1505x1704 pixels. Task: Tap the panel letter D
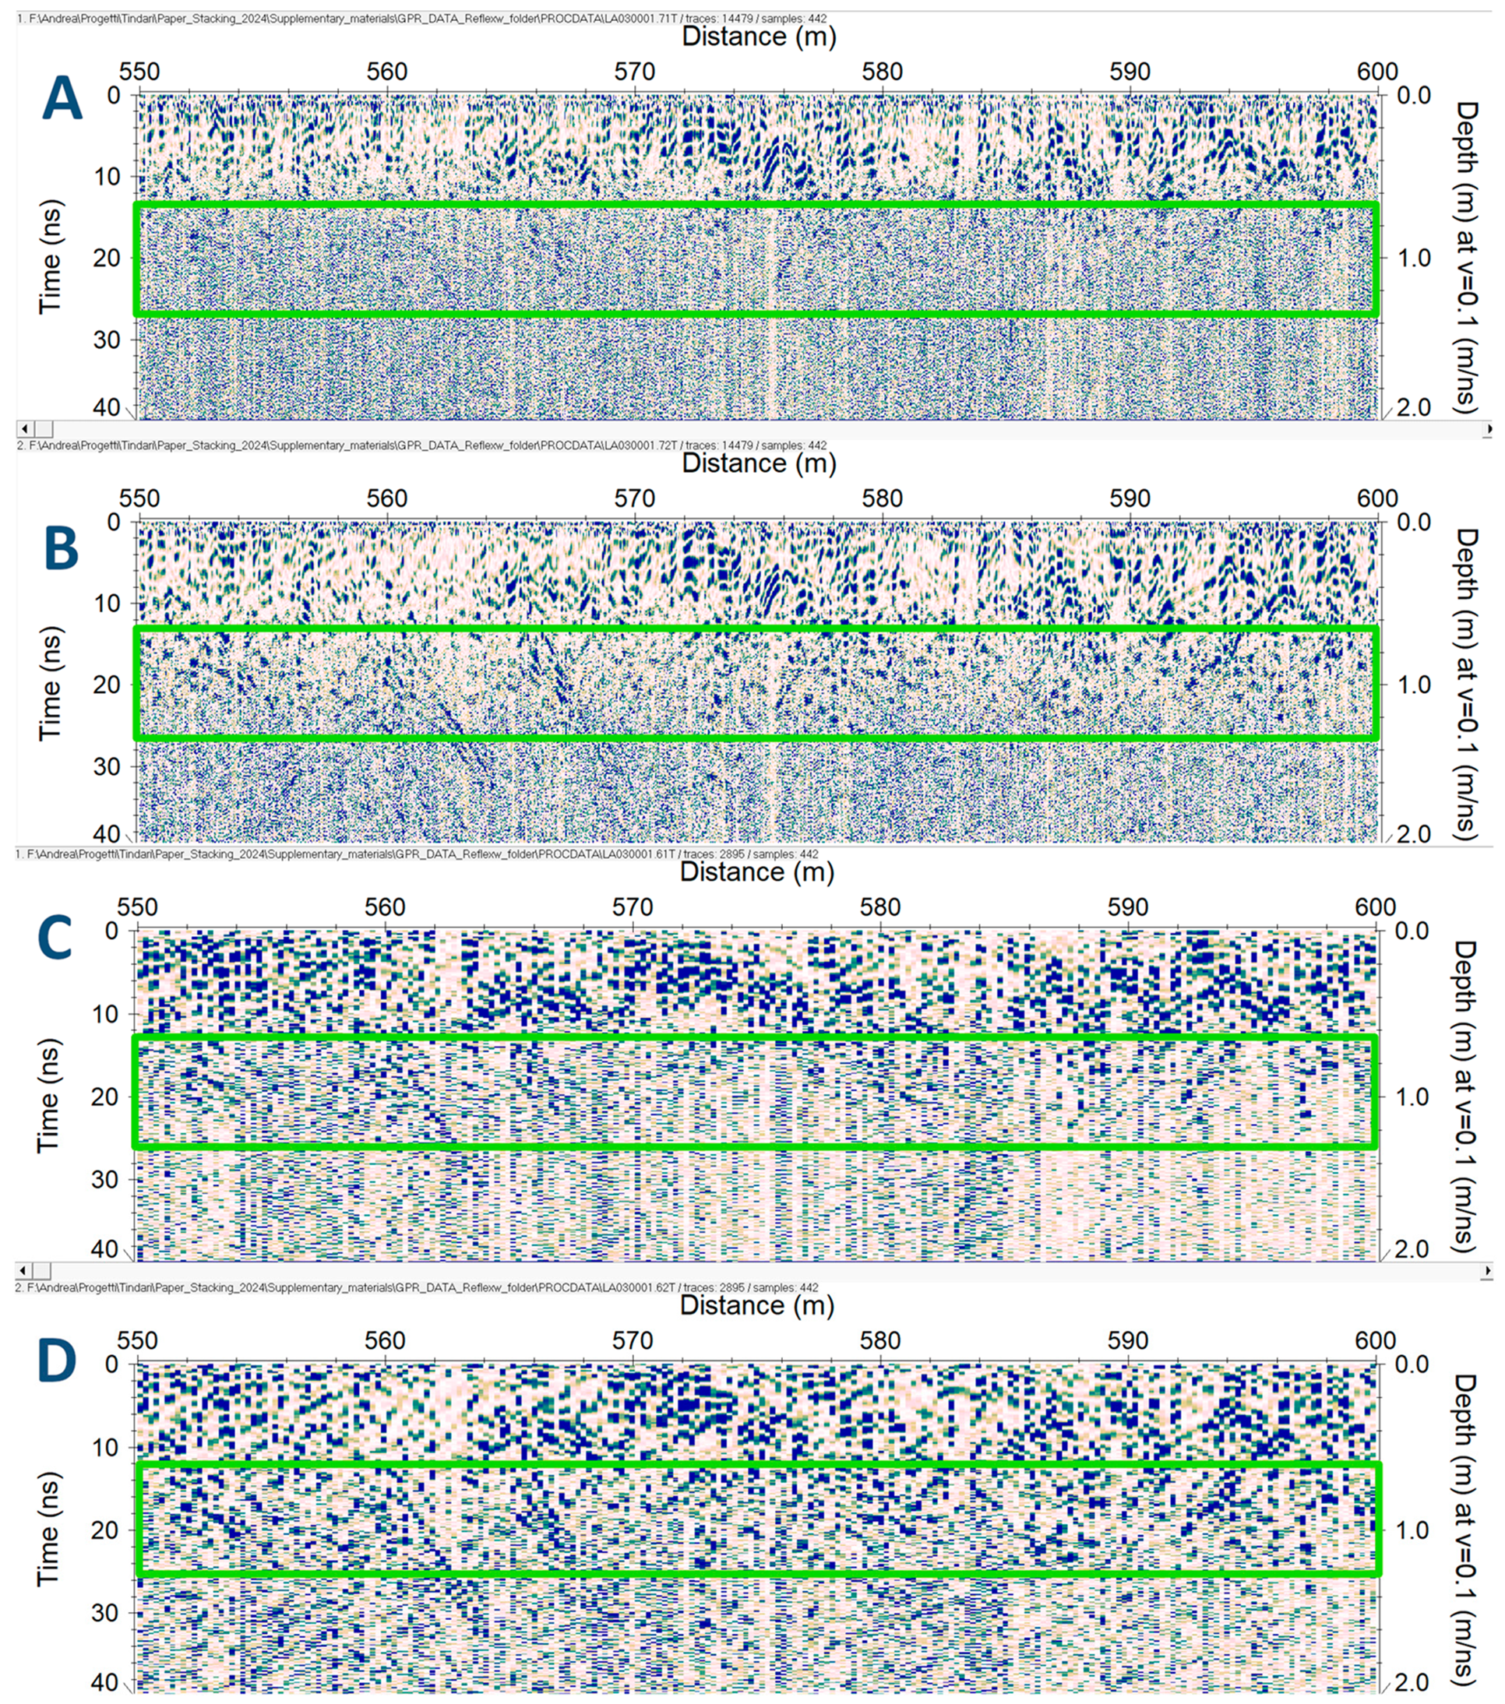(57, 1360)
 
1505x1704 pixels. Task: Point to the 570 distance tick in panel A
(635, 72)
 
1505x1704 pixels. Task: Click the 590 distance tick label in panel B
(1130, 498)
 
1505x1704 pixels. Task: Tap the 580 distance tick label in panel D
(879, 1340)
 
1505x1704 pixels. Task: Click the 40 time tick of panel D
(104, 1682)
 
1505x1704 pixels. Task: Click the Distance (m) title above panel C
(756, 872)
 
